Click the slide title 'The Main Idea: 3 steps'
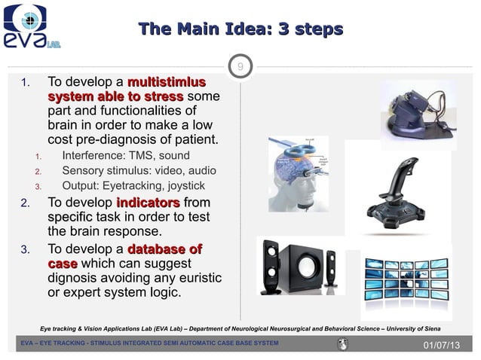(240, 29)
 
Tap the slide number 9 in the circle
(240, 69)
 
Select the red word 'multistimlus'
(167, 82)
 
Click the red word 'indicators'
(148, 203)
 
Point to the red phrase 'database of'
(164, 249)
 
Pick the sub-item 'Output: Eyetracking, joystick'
(133, 186)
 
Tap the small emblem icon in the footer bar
(342, 344)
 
